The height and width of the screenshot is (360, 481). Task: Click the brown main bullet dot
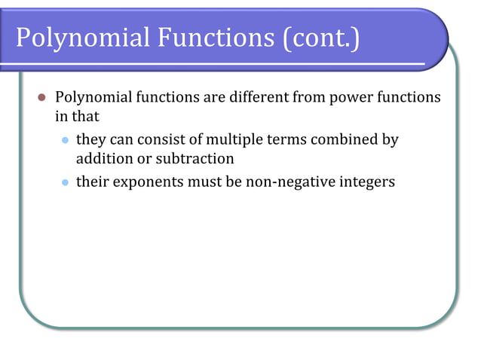[41, 98]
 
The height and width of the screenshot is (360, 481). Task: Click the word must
[202, 182]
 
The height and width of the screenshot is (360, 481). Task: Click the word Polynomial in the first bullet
[91, 98]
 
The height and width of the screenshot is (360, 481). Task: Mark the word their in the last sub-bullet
[92, 182]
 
